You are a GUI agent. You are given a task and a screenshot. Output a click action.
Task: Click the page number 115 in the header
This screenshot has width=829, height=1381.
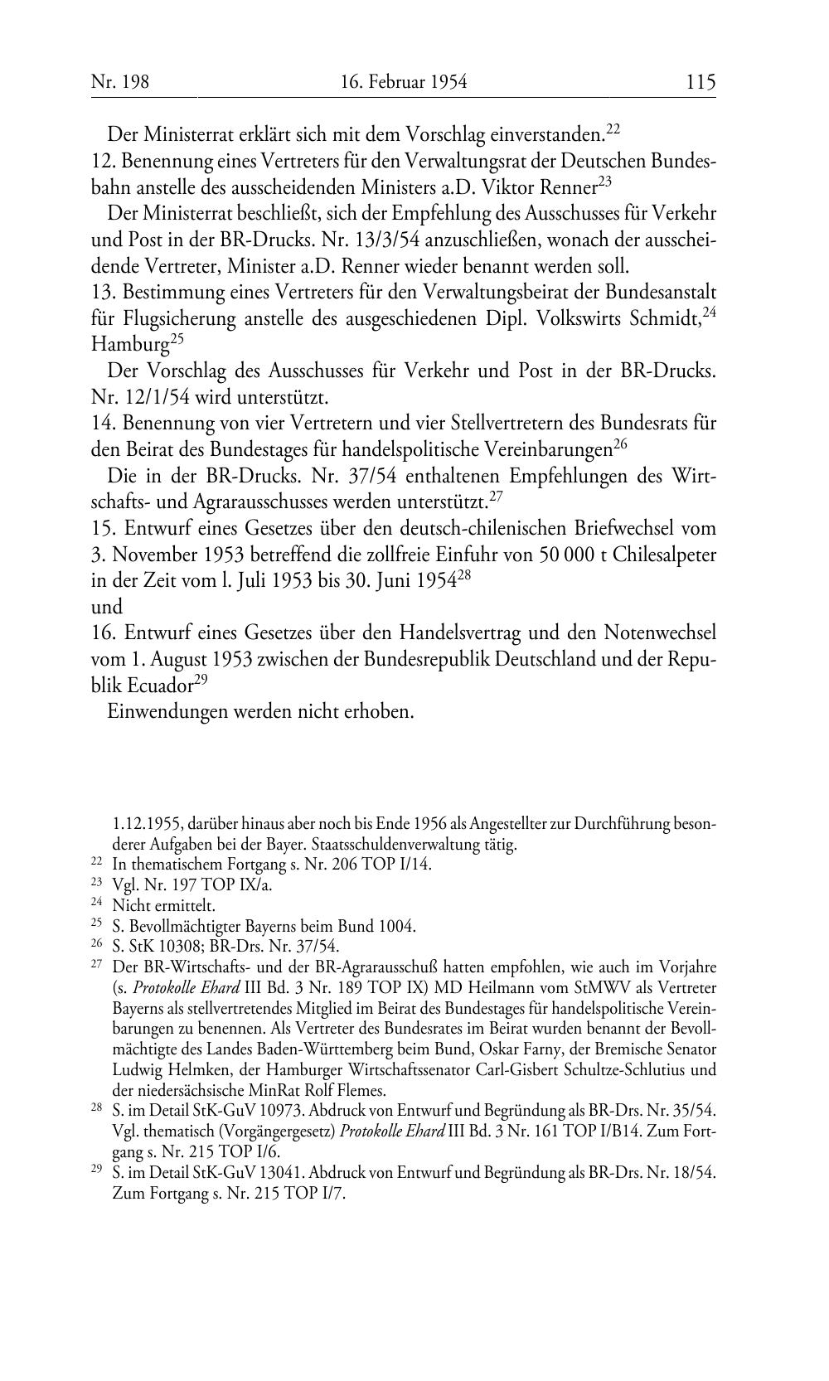click(x=700, y=82)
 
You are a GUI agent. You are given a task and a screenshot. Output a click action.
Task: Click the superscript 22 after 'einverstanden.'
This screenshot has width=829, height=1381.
click(x=613, y=128)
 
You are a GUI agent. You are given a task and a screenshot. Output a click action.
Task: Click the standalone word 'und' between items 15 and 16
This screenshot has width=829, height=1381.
click(x=107, y=607)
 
